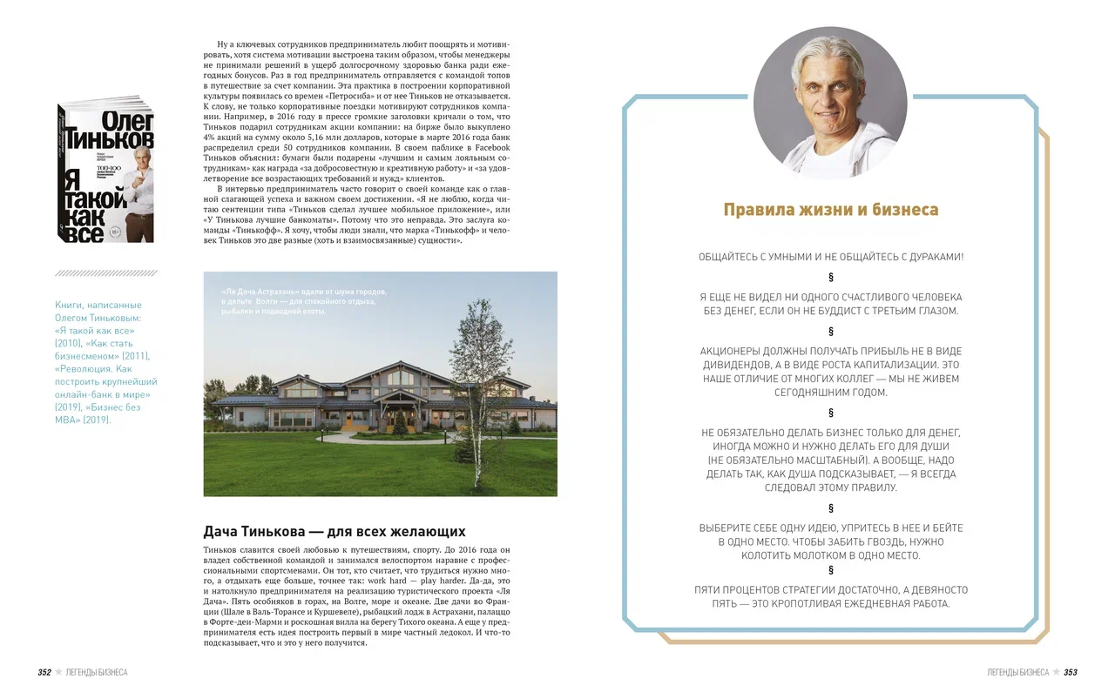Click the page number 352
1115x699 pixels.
point(44,672)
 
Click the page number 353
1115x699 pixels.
point(1071,672)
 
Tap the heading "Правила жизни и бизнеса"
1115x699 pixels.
point(830,211)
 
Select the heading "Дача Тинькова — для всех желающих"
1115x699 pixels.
point(334,531)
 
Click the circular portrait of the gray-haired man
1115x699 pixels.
point(829,102)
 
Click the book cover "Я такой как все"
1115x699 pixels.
point(105,170)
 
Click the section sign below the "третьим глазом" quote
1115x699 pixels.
point(830,331)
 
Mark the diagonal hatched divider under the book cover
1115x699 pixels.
point(105,273)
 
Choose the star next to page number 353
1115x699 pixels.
point(1056,672)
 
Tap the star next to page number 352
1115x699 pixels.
point(58,672)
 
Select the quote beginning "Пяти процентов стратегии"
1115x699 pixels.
point(830,596)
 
